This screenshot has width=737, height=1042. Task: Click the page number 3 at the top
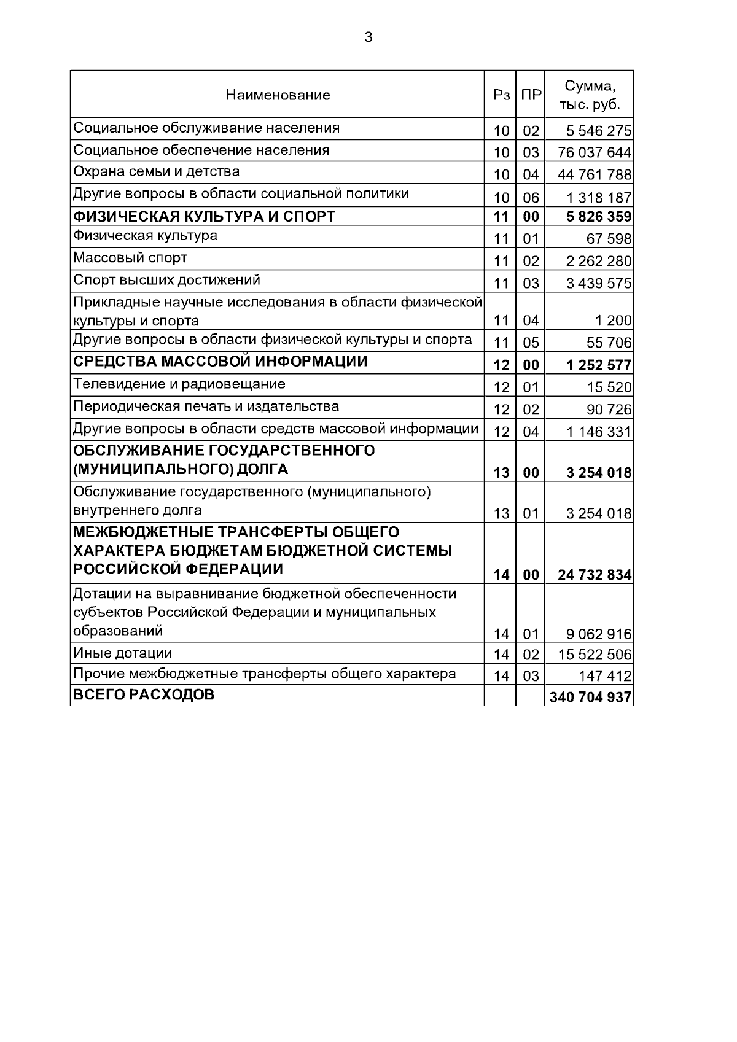pyautogui.click(x=368, y=38)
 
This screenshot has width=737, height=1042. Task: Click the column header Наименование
pyautogui.click(x=278, y=95)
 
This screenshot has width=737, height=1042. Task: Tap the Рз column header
pyautogui.click(x=501, y=95)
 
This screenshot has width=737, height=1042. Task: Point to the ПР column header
pyautogui.click(x=531, y=95)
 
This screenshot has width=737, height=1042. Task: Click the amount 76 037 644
pyautogui.click(x=594, y=152)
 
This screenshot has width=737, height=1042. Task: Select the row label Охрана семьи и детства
pyautogui.click(x=157, y=172)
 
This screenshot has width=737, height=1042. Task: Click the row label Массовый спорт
pyautogui.click(x=130, y=258)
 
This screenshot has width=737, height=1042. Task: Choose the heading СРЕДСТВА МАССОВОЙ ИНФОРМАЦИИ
pyautogui.click(x=220, y=362)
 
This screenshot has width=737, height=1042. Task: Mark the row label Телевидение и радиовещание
pyautogui.click(x=179, y=384)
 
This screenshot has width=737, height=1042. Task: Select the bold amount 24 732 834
pyautogui.click(x=594, y=575)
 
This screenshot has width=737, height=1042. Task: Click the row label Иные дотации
pyautogui.click(x=122, y=653)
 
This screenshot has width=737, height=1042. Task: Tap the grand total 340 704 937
pyautogui.click(x=590, y=698)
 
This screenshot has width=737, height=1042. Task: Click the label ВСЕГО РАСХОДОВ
pyautogui.click(x=144, y=696)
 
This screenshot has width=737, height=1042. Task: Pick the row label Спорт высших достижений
pyautogui.click(x=166, y=281)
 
